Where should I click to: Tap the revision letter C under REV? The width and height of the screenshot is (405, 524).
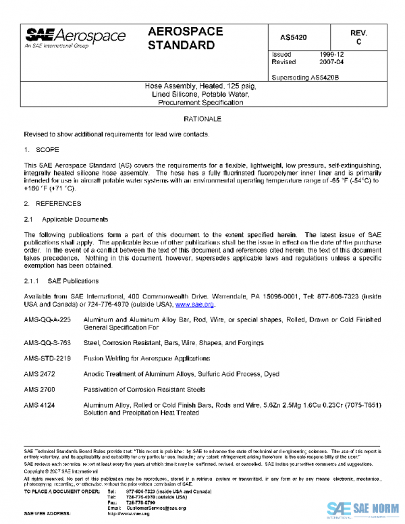[x=358, y=42]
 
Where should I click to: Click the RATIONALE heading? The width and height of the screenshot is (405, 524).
[x=202, y=119]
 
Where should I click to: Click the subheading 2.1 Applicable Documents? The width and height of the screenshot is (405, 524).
[x=65, y=219]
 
